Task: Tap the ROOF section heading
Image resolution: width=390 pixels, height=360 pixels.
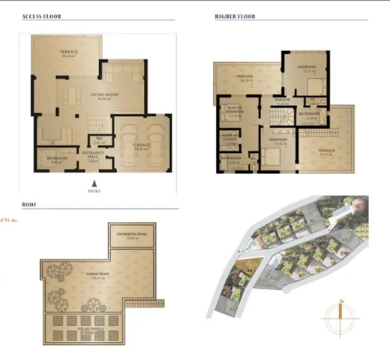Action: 30,202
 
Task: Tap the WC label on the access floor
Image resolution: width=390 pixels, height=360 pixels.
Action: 98,139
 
